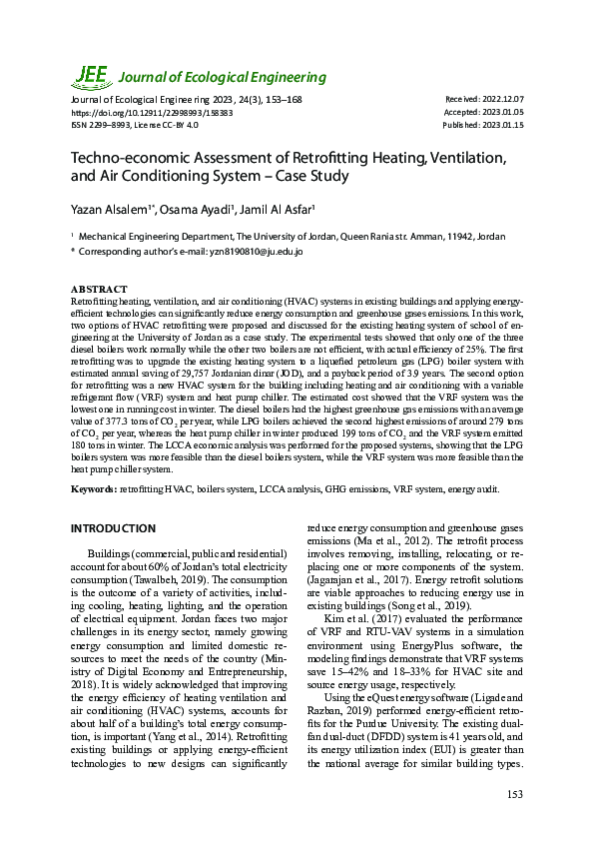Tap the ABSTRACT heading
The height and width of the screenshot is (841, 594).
[99, 289]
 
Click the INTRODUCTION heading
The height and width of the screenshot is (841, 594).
[112, 527]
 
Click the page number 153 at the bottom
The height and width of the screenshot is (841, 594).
[514, 794]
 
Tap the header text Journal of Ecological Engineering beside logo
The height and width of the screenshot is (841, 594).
[224, 77]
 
